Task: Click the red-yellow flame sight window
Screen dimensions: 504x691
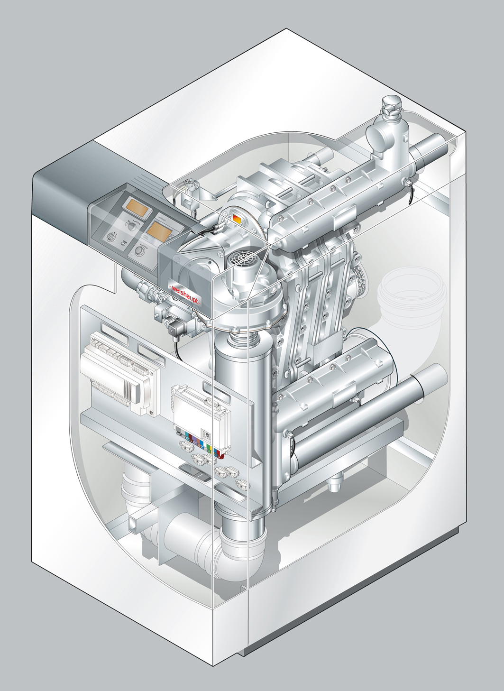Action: point(238,219)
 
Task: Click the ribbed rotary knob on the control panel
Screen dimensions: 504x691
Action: point(111,237)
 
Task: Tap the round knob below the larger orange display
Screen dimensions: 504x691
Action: point(140,251)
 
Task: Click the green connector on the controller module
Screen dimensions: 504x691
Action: point(209,442)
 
